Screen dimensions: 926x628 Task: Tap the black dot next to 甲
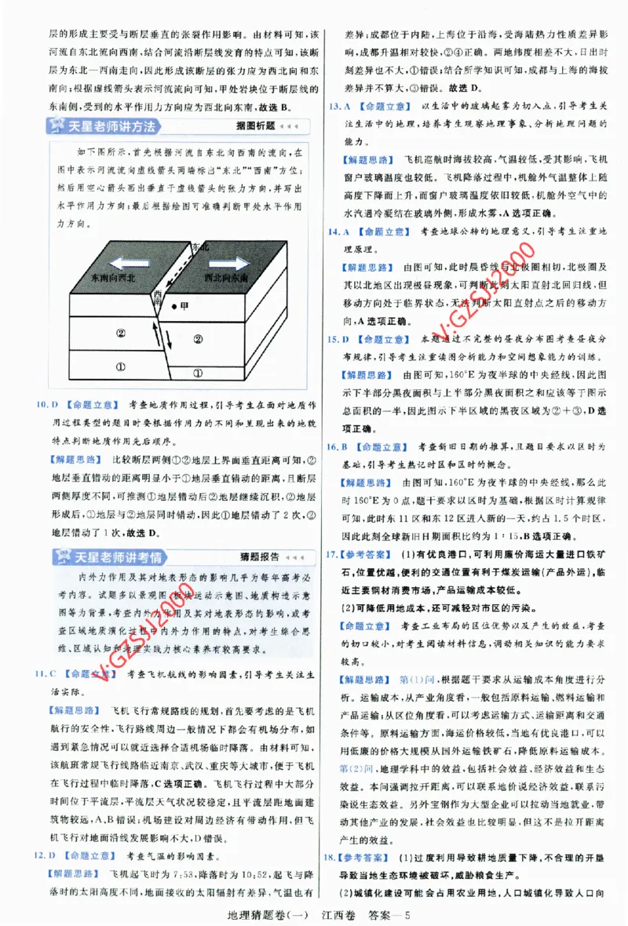pos(175,306)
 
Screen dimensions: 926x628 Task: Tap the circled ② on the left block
pos(121,333)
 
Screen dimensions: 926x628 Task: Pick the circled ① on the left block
pos(119,366)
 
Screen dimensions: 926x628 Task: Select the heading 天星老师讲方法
pos(115,126)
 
